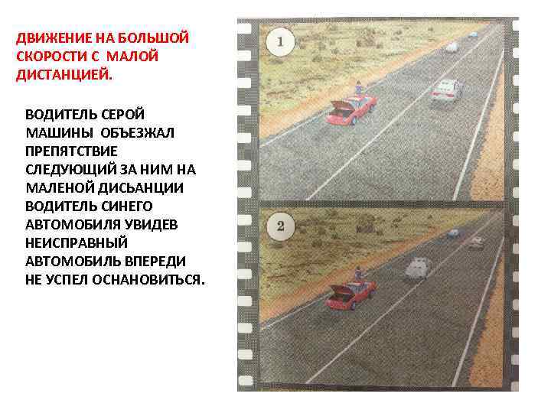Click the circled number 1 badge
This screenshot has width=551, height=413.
pos(281,41)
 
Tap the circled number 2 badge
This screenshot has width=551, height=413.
pos(281,226)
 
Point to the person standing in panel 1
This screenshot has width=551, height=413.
pos(357,87)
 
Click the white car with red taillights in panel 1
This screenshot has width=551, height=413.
pos(448,89)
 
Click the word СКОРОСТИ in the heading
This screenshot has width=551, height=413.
pos(50,57)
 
